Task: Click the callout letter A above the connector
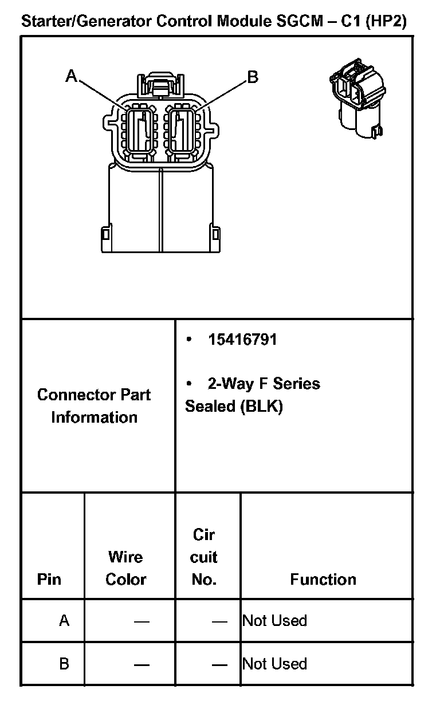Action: [x=71, y=76]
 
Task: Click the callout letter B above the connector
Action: [x=252, y=77]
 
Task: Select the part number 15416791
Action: [x=242, y=340]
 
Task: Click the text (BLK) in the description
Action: [x=262, y=406]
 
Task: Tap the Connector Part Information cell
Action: [x=95, y=405]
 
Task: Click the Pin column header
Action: [x=49, y=579]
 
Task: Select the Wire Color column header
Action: [x=126, y=568]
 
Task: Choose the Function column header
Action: [x=323, y=579]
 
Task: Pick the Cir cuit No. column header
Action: [x=204, y=557]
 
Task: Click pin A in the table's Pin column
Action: [x=64, y=620]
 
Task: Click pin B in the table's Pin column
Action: [x=64, y=664]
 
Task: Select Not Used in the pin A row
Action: [x=275, y=620]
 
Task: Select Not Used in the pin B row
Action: [x=275, y=664]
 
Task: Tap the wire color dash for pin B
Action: [x=142, y=665]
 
